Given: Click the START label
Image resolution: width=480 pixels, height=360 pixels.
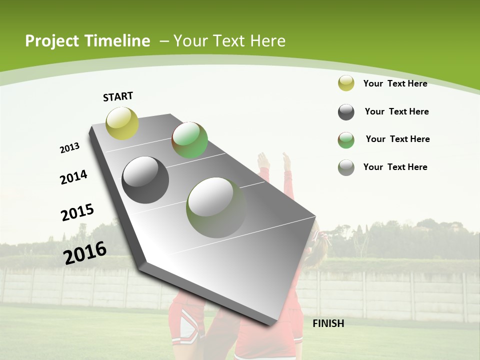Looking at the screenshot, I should [118, 96].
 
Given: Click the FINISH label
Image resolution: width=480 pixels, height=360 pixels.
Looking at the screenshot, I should [328, 323].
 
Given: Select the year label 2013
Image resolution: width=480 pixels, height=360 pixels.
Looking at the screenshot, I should [69, 148].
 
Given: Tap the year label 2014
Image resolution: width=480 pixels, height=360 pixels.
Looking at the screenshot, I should [73, 177].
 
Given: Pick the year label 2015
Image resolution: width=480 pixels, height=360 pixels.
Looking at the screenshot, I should [77, 212].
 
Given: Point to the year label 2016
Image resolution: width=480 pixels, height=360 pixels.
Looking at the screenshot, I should [85, 252].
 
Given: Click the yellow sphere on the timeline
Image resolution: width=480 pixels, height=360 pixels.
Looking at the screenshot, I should [122, 123].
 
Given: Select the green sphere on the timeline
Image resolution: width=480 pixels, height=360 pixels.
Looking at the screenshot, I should [189, 140].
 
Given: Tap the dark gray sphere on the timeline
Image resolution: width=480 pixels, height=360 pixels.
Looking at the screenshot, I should [145, 180].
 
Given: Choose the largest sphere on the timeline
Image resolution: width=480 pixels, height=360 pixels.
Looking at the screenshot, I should [216, 207].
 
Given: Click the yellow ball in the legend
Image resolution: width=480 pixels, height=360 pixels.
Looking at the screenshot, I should [346, 83].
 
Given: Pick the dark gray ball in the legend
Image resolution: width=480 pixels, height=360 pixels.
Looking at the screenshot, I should [346, 112].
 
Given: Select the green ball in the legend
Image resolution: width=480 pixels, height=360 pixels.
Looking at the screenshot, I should [346, 140].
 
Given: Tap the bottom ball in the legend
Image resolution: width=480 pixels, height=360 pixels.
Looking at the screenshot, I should [346, 167].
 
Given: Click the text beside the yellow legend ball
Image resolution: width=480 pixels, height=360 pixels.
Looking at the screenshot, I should [395, 83].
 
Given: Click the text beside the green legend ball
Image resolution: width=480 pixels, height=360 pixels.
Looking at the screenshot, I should [397, 139].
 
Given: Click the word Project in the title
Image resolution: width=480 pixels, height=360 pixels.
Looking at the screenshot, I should [51, 41].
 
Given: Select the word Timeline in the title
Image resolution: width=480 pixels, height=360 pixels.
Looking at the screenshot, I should [117, 41].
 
